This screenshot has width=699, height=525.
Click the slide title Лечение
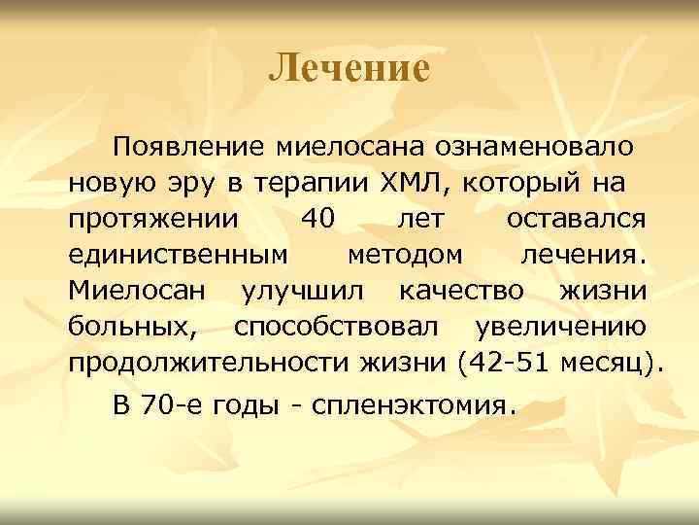(x=349, y=68)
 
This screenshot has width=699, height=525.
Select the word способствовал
(x=349, y=326)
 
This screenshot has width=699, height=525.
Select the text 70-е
(x=168, y=403)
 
